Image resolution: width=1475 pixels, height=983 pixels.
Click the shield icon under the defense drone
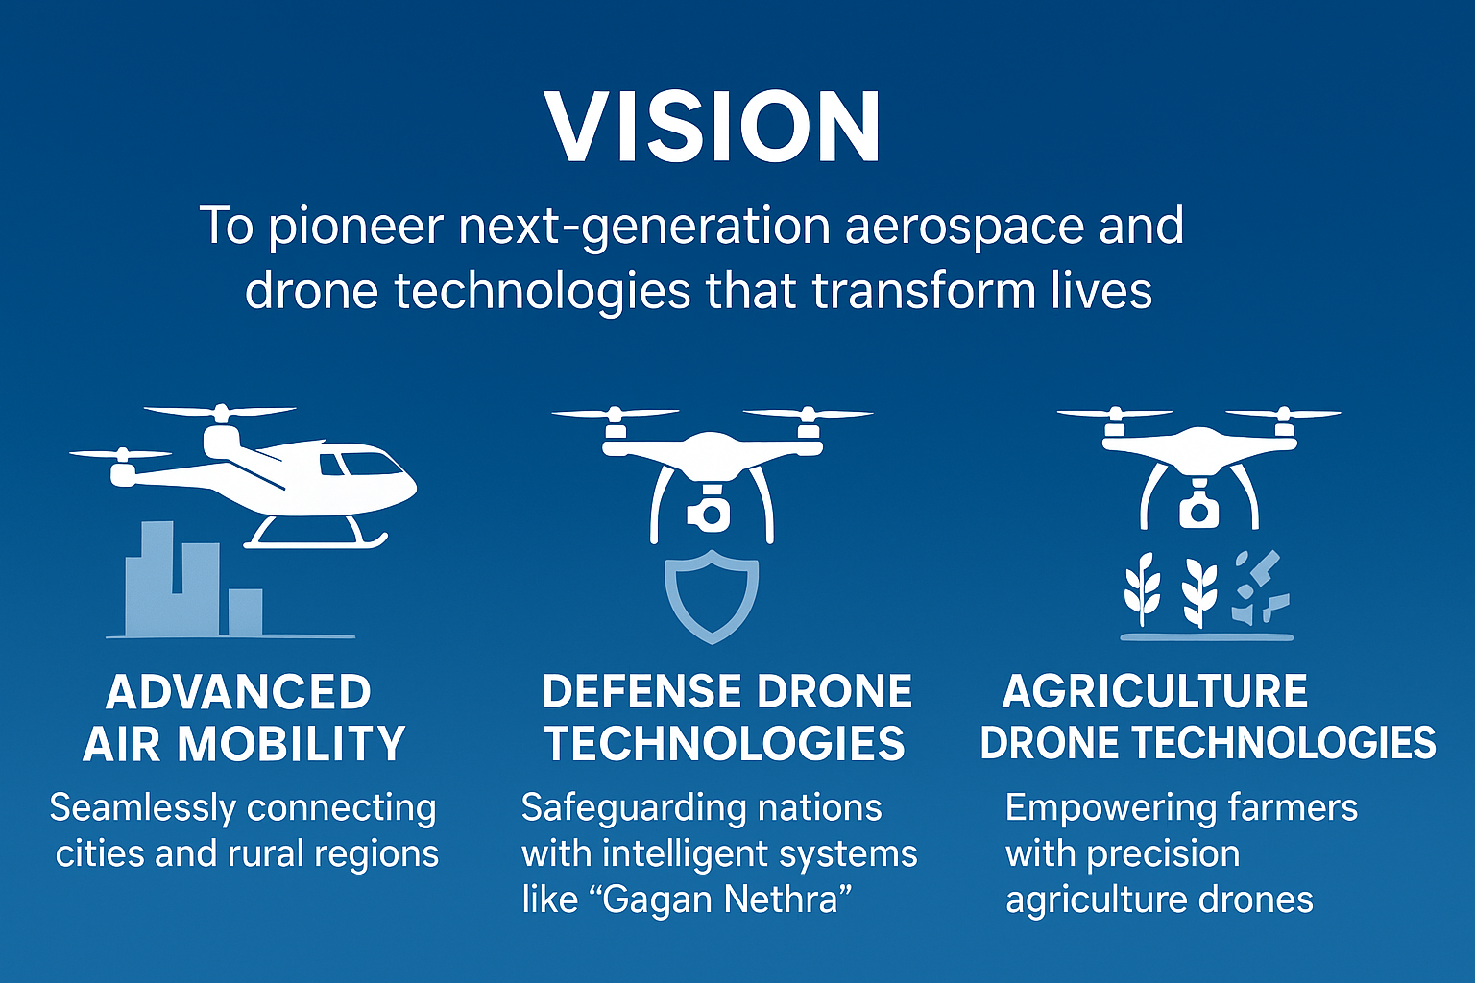pyautogui.click(x=712, y=596)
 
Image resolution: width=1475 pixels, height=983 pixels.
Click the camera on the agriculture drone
pyautogui.click(x=1198, y=508)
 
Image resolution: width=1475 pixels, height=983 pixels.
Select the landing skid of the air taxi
pyautogui.click(x=316, y=535)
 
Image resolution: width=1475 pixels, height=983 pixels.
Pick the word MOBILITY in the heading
pyautogui.click(x=291, y=743)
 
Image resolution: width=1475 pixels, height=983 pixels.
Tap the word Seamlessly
pyautogui.click(x=143, y=809)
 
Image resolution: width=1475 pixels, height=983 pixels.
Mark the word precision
pyautogui.click(x=1163, y=855)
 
